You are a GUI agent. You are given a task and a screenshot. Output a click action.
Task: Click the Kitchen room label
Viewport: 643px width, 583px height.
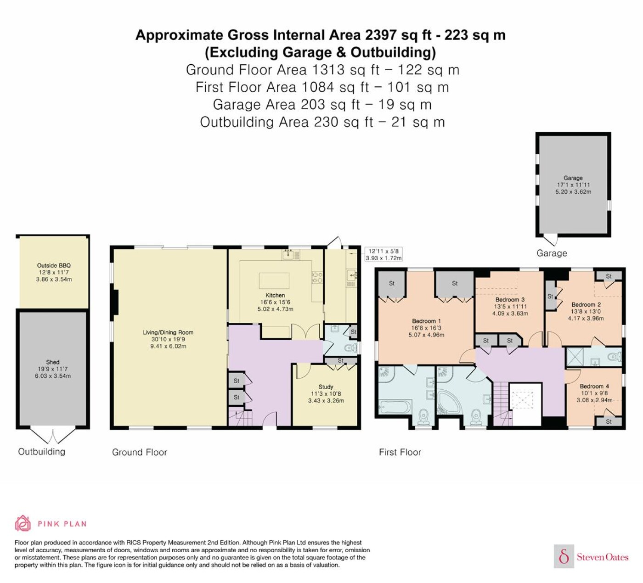coord(275,295)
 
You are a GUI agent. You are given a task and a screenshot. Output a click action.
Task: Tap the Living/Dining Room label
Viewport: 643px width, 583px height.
coord(168,332)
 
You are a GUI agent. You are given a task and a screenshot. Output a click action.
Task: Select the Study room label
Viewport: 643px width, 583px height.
coord(326,387)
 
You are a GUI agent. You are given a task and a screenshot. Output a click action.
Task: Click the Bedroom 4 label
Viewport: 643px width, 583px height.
coord(594,386)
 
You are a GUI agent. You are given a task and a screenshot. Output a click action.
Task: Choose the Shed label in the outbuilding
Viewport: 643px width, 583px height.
coord(52,362)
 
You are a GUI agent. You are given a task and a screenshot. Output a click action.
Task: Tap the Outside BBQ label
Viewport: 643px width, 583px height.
coord(54,265)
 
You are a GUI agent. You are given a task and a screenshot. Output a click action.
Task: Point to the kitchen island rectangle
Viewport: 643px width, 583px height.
coord(274,281)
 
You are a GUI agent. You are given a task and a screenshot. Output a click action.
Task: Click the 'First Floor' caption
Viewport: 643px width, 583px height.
coord(400,452)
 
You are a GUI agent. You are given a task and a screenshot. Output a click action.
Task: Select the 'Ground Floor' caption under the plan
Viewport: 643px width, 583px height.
coord(140,452)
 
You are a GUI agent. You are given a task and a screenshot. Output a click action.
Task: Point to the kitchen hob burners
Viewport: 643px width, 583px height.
coord(317,278)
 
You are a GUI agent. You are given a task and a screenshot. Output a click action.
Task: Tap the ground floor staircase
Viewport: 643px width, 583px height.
coord(240,416)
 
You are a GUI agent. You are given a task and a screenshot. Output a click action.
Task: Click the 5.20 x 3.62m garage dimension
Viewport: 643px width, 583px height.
coord(573,192)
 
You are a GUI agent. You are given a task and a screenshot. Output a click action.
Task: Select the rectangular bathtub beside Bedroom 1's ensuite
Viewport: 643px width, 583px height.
coord(395,407)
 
